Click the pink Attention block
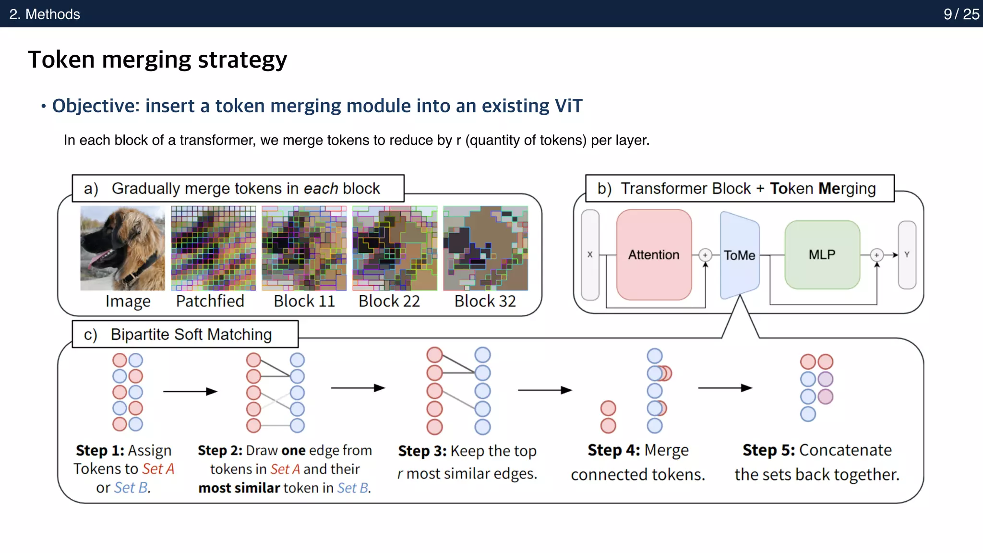tap(654, 254)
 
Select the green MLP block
tap(822, 254)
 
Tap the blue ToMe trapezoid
tap(739, 255)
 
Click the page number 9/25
tap(961, 14)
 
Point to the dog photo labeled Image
tap(122, 248)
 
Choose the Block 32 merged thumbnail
tap(485, 248)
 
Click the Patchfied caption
tap(210, 301)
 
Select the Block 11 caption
tap(304, 301)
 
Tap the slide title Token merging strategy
tap(157, 60)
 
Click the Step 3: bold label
tap(422, 451)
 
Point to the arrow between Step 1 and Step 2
tap(190, 391)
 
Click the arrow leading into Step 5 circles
tap(725, 388)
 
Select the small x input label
tap(590, 254)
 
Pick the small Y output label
tap(907, 254)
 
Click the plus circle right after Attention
tap(705, 255)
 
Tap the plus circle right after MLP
tap(876, 255)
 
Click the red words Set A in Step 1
tap(158, 469)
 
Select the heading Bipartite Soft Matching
tap(191, 334)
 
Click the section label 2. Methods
tap(45, 14)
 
